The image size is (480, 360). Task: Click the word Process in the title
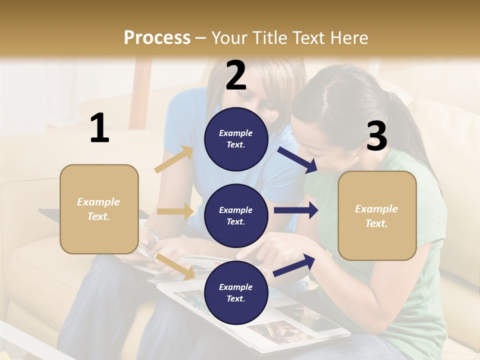click(x=157, y=37)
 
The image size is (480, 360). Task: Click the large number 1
click(x=99, y=128)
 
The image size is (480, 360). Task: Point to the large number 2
click(x=236, y=75)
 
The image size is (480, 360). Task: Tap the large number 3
click(x=376, y=136)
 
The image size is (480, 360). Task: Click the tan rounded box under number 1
click(x=99, y=209)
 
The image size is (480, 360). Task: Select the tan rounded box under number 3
click(x=377, y=216)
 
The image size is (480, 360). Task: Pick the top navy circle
click(x=236, y=139)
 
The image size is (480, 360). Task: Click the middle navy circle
click(x=236, y=215)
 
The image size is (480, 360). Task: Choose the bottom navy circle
click(x=236, y=292)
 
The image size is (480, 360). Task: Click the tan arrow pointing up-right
click(x=174, y=159)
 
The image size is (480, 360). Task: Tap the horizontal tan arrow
click(x=175, y=211)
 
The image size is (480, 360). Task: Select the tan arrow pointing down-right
click(x=175, y=266)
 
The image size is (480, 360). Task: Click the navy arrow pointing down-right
click(x=297, y=159)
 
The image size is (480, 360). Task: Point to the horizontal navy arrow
click(x=295, y=210)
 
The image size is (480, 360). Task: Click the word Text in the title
click(x=309, y=37)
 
